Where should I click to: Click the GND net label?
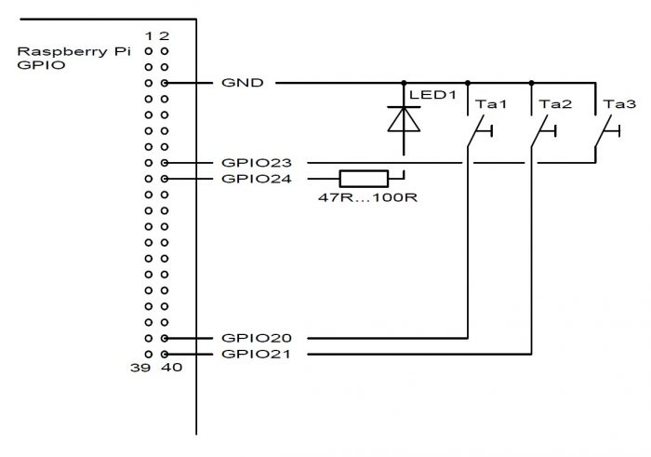[243, 83]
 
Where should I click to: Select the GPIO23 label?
[257, 163]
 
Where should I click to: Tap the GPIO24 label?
[257, 179]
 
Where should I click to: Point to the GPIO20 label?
[257, 338]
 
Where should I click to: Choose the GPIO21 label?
[257, 354]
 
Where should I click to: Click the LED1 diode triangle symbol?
[404, 119]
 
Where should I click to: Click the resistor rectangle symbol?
[364, 179]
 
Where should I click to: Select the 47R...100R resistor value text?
[368, 197]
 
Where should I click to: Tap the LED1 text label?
[432, 95]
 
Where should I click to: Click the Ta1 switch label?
[491, 104]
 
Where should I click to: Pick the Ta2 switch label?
[555, 104]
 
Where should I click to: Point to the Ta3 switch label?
[619, 104]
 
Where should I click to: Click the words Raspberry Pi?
[73, 51]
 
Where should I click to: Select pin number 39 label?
[139, 368]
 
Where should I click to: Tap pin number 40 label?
[172, 368]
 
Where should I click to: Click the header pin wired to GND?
[165, 83]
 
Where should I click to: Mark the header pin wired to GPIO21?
[165, 355]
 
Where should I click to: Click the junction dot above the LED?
[404, 83]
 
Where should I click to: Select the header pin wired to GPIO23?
[165, 163]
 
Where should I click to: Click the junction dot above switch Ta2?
[531, 83]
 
